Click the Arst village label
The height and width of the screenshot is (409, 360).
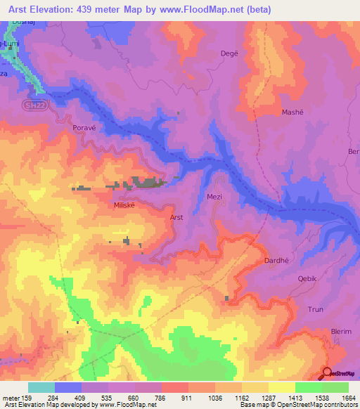(x=176, y=218)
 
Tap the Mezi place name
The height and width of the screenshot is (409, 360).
(x=214, y=197)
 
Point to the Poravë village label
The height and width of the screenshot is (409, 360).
(x=84, y=128)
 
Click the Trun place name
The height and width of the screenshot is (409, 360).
(x=316, y=309)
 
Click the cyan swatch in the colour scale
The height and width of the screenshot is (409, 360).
(x=41, y=387)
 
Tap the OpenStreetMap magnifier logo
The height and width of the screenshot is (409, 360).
(x=328, y=373)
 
